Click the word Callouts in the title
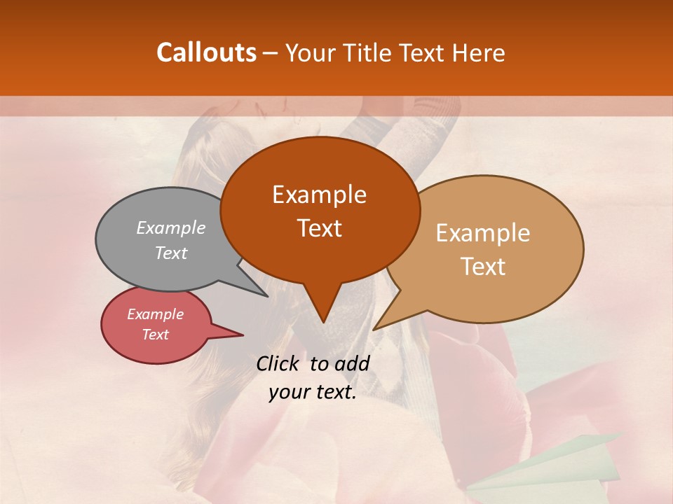[x=206, y=52]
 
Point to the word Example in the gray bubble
[x=171, y=228]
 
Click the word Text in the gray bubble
[x=171, y=253]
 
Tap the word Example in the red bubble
[x=156, y=314]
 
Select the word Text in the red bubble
[x=156, y=335]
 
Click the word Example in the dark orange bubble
[x=320, y=195]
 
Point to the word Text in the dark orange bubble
[x=320, y=228]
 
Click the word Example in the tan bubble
[x=483, y=233]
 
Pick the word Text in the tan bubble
[x=484, y=267]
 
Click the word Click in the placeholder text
[x=278, y=363]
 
